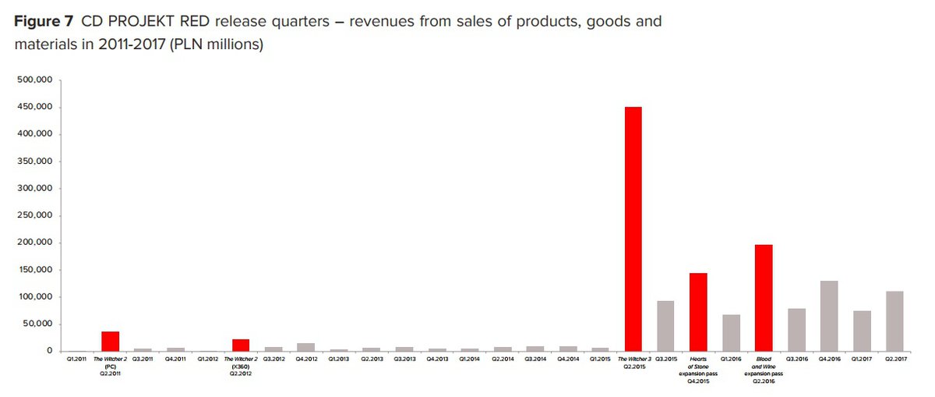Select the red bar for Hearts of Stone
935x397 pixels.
pyautogui.click(x=698, y=312)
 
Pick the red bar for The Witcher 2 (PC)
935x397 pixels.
pyautogui.click(x=110, y=342)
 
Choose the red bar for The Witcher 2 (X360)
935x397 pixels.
pyautogui.click(x=241, y=346)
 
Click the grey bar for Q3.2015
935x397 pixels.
pyautogui.click(x=665, y=326)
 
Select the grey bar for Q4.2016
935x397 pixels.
pyautogui.click(x=829, y=316)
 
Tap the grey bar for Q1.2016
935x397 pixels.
pyautogui.click(x=731, y=333)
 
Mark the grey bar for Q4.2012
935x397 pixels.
pyautogui.click(x=306, y=348)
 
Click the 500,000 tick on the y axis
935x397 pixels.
pyautogui.click(x=34, y=80)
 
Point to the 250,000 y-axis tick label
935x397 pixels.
pyautogui.click(x=34, y=216)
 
